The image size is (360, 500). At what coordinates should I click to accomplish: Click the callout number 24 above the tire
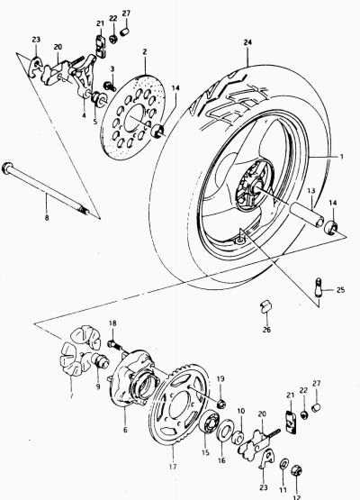pos(247,42)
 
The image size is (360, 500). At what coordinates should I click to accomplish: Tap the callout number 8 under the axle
pos(47,218)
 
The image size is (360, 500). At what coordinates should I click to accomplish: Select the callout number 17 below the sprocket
pos(173,467)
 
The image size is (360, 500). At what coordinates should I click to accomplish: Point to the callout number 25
pos(340,290)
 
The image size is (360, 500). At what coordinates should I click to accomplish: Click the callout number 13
pos(310,191)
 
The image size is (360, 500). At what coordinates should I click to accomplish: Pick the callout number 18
pos(112,323)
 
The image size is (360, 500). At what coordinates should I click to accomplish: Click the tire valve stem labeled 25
pos(319,288)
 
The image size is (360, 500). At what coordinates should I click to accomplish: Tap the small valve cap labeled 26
pos(266,306)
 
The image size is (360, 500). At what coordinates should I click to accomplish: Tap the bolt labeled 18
pos(114,345)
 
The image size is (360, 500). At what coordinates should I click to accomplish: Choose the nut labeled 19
pos(221,405)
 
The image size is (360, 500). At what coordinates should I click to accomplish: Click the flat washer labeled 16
pos(225,432)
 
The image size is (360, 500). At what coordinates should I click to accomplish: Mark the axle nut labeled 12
pos(297,471)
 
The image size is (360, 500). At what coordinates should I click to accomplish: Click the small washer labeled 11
pos(283,464)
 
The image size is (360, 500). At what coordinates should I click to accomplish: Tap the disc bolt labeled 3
pos(110,86)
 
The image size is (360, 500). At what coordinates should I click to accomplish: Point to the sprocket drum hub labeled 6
pos(134,377)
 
